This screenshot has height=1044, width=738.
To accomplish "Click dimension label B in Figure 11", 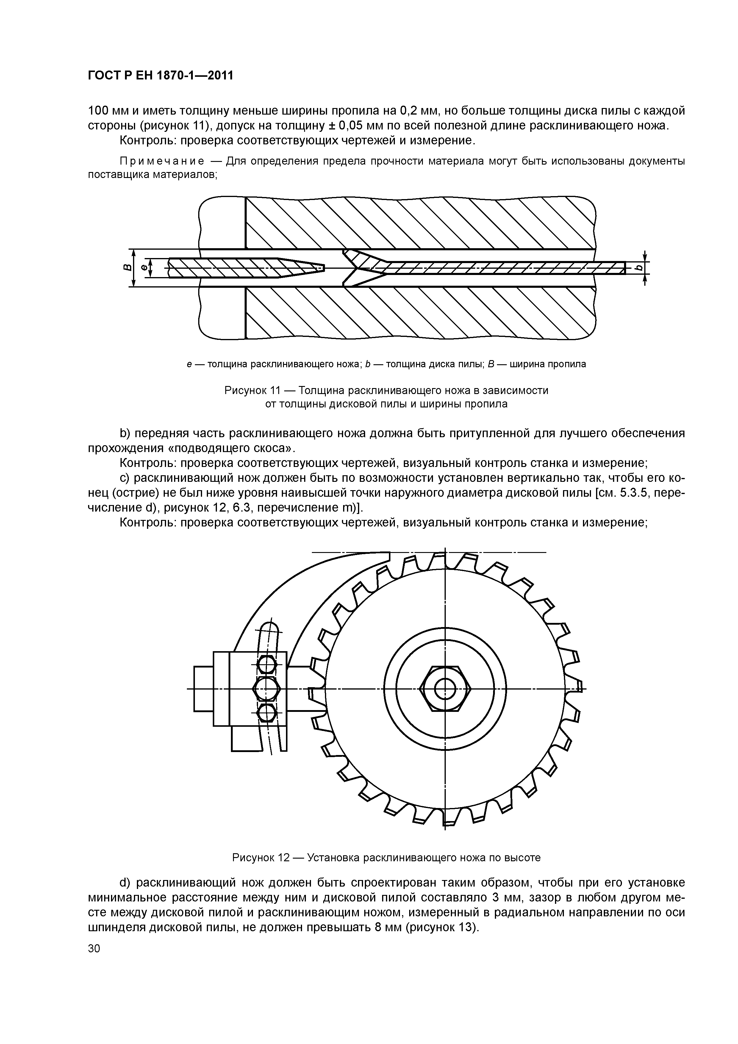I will tap(128, 268).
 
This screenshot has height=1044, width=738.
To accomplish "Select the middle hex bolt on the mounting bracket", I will tap(266, 689).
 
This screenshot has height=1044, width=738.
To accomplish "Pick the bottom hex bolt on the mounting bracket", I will tap(266, 712).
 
